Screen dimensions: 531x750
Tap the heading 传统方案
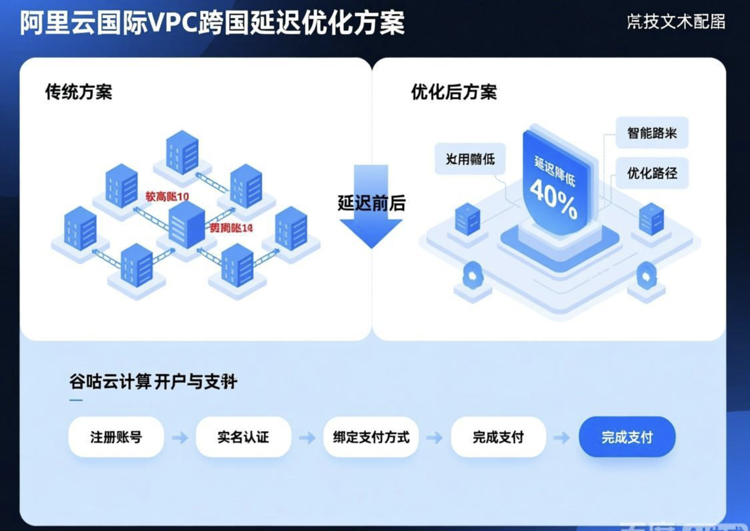click(78, 92)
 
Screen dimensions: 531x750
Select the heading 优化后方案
click(453, 92)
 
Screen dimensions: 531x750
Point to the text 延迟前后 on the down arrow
click(371, 203)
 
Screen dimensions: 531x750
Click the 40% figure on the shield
click(553, 198)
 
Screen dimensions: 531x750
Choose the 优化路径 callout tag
click(652, 173)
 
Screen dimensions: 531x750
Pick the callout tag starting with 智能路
click(652, 133)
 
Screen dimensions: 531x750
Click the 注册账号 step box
click(116, 437)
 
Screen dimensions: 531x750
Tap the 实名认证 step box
click(243, 437)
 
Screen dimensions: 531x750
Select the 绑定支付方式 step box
click(371, 437)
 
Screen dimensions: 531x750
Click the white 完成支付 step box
click(498, 437)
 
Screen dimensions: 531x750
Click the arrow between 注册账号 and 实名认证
click(180, 437)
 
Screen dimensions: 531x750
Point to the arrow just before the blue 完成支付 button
click(561, 437)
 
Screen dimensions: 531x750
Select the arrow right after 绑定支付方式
click(434, 437)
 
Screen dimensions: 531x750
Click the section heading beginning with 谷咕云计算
click(153, 381)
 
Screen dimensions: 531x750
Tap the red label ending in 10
click(167, 196)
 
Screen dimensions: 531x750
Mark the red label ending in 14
click(231, 228)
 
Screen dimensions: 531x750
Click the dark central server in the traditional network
click(186, 224)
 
